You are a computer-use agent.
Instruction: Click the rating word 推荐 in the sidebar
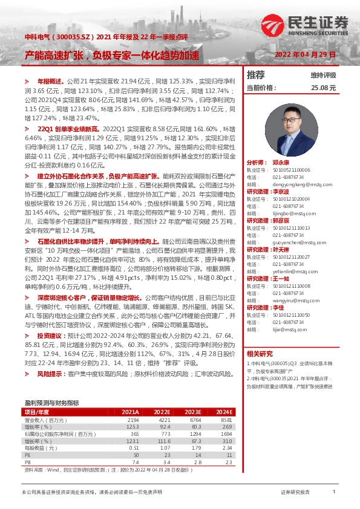(256, 76)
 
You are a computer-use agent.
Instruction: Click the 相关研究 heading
(260, 354)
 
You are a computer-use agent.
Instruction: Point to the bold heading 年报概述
(49, 80)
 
